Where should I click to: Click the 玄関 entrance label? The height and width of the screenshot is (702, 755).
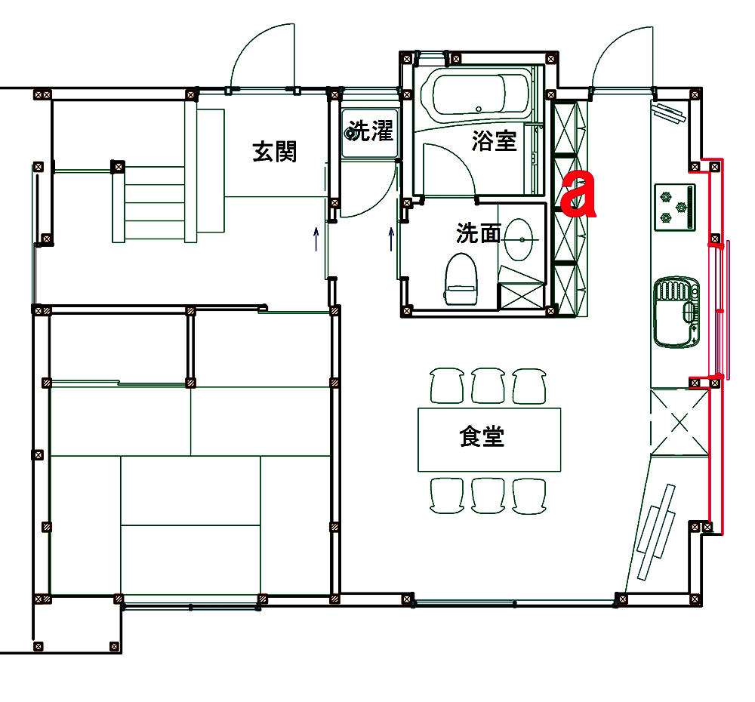pos(275,151)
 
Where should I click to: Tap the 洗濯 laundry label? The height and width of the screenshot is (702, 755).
pos(371,131)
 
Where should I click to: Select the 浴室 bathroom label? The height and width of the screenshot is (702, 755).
pos(494,140)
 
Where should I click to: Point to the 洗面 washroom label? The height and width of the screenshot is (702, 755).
pos(479,233)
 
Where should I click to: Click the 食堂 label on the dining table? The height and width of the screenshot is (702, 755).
pos(482,436)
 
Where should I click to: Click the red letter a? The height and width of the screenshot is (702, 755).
pos(578,194)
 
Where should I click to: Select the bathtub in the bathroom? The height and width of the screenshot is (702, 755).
pos(475,94)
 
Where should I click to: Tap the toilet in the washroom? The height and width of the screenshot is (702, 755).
pos(461,279)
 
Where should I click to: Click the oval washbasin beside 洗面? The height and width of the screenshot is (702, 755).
pos(519,239)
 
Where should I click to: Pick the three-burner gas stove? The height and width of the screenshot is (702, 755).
pos(675,207)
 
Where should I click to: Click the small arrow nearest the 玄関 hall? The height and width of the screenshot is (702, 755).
pos(316,239)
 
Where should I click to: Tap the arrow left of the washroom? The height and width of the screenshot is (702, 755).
pos(391,239)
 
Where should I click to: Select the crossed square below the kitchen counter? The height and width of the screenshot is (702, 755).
pos(679,422)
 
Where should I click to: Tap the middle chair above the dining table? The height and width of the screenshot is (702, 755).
pos(488,386)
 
